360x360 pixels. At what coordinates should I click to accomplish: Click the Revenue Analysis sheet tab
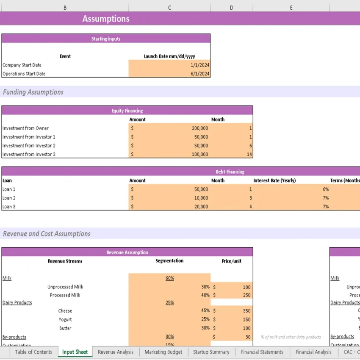click(x=115, y=352)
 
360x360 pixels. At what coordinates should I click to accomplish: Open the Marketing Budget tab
click(x=163, y=352)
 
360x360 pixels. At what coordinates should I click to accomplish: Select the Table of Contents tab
click(x=33, y=352)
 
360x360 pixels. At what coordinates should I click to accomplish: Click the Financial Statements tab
click(x=262, y=352)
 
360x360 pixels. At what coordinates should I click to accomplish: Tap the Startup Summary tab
click(x=211, y=352)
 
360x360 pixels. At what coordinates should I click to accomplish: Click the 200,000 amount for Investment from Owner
click(x=200, y=128)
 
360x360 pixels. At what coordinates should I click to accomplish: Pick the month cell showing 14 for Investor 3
click(x=249, y=155)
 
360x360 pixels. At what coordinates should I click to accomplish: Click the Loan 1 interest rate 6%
click(x=325, y=189)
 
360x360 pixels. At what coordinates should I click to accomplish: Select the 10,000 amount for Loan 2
click(x=201, y=198)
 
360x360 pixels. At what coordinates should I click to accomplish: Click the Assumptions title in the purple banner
click(x=106, y=19)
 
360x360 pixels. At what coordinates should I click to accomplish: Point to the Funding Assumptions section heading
click(x=33, y=92)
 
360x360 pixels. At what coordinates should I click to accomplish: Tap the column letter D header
click(x=231, y=8)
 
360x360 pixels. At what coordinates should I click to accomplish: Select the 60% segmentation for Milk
click(x=169, y=278)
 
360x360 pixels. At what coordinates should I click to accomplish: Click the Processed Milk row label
click(x=65, y=295)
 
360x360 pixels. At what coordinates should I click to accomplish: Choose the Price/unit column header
click(x=231, y=261)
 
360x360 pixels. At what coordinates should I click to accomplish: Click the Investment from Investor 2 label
click(x=29, y=146)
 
